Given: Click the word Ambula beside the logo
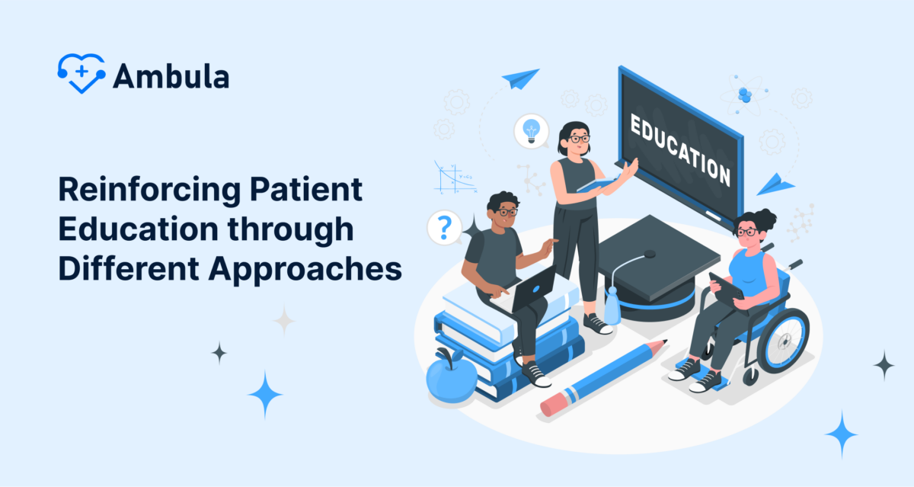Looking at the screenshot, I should click(171, 76).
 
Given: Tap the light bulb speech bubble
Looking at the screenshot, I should click(531, 130).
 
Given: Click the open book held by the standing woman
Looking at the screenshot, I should click(596, 183).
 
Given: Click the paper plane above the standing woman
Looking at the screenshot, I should click(521, 78).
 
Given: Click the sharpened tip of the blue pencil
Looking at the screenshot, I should click(661, 344).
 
